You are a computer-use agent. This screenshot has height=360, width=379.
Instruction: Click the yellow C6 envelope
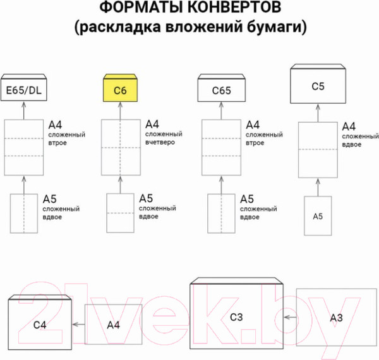pos(121,90)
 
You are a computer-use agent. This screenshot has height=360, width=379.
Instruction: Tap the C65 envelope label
pos(220,91)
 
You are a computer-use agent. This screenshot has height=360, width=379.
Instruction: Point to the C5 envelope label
pos(318,85)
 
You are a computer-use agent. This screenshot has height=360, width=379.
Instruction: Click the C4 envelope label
pos(40,325)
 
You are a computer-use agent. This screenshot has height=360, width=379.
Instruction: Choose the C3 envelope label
pos(236,317)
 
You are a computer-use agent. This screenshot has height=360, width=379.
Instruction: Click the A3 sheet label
pos(336,317)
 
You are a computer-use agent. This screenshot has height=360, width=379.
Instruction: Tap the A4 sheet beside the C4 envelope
pos(114,325)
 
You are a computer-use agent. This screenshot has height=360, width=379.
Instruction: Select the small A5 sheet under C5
pos(318,216)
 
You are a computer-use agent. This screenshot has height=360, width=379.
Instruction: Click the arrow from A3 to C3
pos(290,317)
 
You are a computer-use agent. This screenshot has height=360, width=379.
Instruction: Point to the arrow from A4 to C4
pos(78,324)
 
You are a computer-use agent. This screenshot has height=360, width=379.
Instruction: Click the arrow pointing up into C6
pos(121,111)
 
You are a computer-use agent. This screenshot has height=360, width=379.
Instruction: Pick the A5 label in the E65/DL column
pos(51,198)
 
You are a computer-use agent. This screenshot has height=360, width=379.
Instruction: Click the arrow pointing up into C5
pos(318,113)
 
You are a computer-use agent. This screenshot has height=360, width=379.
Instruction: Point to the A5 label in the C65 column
pos(248,198)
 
